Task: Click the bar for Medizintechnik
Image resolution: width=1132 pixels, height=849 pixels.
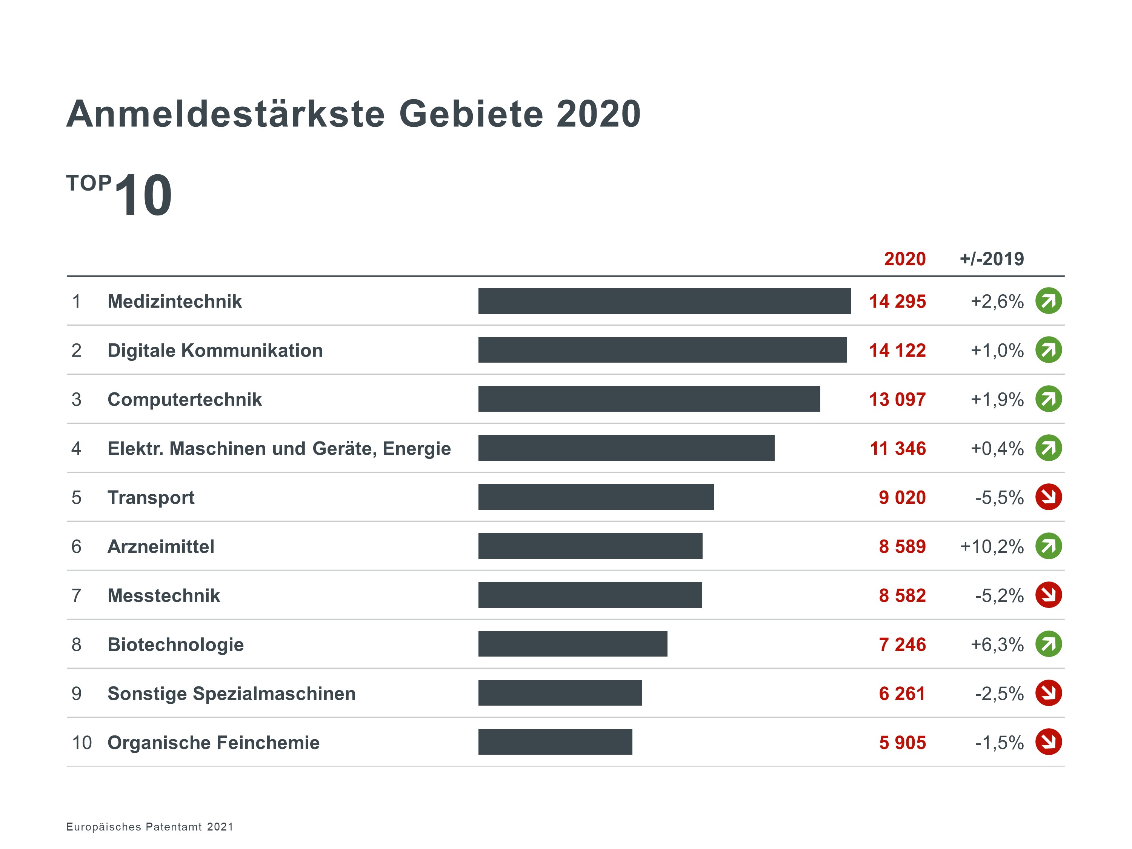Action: (664, 301)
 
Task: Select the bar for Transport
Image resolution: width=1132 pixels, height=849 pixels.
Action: (596, 497)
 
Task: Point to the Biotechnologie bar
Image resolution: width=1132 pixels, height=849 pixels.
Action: (573, 644)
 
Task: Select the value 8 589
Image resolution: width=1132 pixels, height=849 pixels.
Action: (902, 546)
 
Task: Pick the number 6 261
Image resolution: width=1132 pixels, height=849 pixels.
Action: (902, 694)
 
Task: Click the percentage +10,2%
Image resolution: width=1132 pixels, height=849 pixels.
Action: (992, 546)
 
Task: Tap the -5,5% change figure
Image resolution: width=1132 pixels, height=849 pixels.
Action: (999, 497)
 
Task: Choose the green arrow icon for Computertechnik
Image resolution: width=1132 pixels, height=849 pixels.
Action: (1049, 399)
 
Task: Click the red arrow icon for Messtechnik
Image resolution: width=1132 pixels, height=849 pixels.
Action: (1049, 595)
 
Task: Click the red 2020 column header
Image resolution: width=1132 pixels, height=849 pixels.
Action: (905, 259)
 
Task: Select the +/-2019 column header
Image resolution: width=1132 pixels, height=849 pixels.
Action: (992, 259)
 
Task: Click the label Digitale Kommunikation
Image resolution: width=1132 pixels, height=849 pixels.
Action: (215, 351)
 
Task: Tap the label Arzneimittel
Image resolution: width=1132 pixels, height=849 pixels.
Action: (161, 546)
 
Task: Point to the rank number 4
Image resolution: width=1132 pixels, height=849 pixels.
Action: (76, 449)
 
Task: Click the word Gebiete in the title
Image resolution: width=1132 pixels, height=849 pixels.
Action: (471, 114)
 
